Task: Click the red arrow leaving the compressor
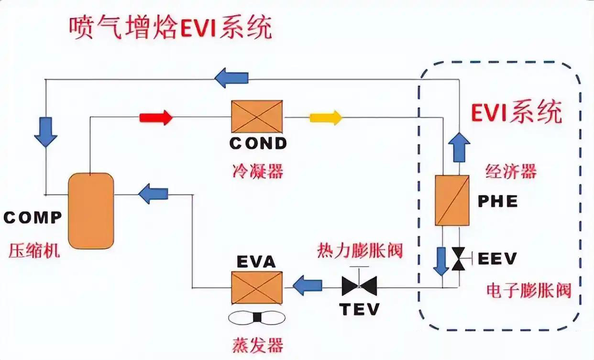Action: click(155, 117)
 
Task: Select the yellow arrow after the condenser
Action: click(326, 117)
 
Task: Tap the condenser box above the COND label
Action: click(257, 116)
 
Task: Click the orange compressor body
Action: click(91, 210)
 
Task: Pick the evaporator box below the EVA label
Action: click(257, 287)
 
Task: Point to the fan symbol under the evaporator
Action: click(256, 317)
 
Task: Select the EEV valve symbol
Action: click(458, 259)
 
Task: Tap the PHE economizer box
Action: click(452, 200)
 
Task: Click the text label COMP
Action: click(33, 218)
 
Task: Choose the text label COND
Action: click(258, 143)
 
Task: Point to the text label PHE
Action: click(498, 201)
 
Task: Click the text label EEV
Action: click(497, 259)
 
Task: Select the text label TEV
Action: click(360, 309)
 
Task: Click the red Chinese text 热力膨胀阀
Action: click(360, 251)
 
